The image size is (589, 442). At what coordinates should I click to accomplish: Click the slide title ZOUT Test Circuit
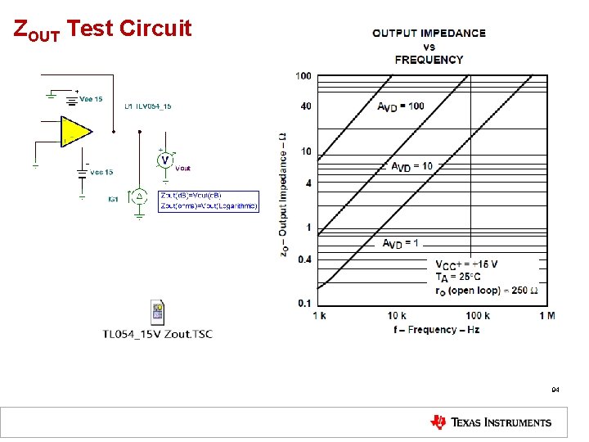(x=103, y=29)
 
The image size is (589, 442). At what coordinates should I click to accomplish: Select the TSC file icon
(x=158, y=312)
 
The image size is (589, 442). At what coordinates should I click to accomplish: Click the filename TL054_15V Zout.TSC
(x=157, y=334)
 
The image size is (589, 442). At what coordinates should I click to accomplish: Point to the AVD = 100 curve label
(x=400, y=106)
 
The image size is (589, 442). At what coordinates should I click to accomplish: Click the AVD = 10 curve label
(x=411, y=167)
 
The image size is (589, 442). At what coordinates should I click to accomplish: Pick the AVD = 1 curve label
(x=401, y=243)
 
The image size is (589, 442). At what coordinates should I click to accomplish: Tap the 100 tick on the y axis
(x=303, y=76)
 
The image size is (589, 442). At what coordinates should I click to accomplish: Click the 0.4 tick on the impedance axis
(x=303, y=259)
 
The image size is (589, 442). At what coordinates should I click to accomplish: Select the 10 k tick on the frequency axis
(x=397, y=316)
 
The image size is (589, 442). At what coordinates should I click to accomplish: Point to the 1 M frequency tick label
(x=547, y=316)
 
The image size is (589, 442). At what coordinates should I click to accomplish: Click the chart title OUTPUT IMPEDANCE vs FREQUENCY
(x=429, y=46)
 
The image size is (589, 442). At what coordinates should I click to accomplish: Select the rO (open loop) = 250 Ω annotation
(x=486, y=291)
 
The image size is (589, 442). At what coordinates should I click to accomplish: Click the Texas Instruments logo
(x=491, y=422)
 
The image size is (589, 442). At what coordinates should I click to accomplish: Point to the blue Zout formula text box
(x=209, y=201)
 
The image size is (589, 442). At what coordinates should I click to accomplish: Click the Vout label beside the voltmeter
(x=183, y=168)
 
